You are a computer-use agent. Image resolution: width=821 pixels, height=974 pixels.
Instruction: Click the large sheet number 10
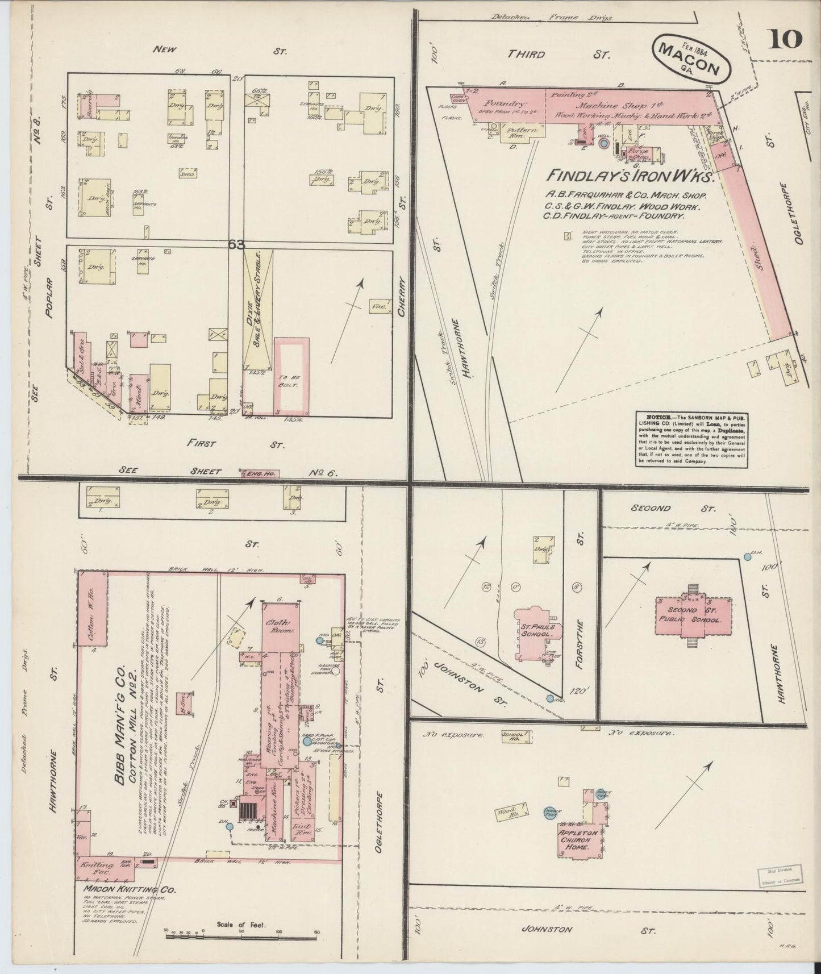tap(786, 40)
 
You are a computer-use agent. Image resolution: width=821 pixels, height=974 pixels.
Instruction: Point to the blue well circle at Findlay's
tap(603, 144)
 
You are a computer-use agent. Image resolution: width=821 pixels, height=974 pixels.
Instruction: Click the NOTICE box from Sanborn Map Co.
tap(691, 440)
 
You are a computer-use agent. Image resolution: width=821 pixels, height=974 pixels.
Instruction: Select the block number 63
tap(236, 244)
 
